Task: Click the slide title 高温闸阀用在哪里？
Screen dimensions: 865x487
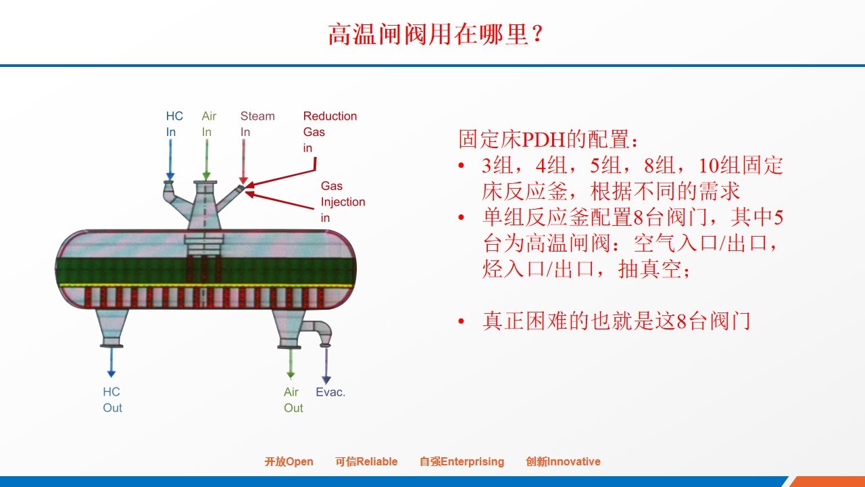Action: [x=436, y=34]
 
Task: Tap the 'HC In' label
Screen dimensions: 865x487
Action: [x=174, y=124]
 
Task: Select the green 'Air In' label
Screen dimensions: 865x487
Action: [x=209, y=124]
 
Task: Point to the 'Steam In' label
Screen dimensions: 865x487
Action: [x=257, y=124]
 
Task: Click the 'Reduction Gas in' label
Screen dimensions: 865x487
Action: [x=330, y=132]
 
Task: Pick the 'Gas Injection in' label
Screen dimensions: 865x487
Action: [x=343, y=202]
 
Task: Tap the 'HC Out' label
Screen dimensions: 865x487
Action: [x=112, y=400]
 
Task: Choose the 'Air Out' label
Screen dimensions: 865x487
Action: [x=293, y=400]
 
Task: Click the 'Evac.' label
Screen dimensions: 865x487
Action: [x=330, y=392]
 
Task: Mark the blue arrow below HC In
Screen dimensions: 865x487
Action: [x=170, y=160]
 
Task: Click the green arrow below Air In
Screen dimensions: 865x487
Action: [x=207, y=160]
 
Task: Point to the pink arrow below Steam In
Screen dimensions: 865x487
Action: [x=243, y=162]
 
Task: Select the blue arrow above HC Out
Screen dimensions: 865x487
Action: [x=112, y=363]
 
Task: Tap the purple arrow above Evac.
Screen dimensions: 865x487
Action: [x=326, y=366]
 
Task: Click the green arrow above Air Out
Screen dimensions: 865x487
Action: [x=291, y=363]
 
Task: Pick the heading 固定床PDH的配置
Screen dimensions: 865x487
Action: [x=548, y=139]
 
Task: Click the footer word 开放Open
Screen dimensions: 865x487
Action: [x=289, y=461]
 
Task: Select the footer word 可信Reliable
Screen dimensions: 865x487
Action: [x=366, y=461]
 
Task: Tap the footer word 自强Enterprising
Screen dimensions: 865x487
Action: [x=462, y=461]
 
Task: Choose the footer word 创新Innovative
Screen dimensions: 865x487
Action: [x=563, y=461]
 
